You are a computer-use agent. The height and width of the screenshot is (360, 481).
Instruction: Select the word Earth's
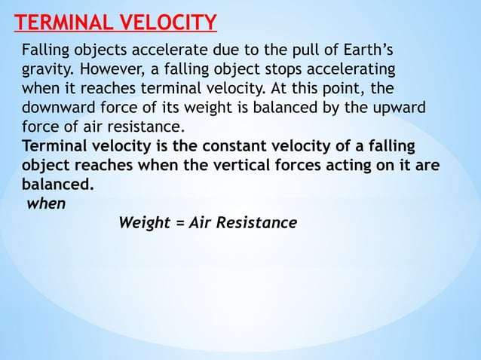coord(369,51)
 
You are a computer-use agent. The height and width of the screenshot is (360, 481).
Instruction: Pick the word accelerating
coord(354,70)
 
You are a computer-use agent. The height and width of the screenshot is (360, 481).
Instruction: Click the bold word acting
coord(343,163)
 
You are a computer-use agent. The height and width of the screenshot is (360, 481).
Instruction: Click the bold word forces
coord(300,163)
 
